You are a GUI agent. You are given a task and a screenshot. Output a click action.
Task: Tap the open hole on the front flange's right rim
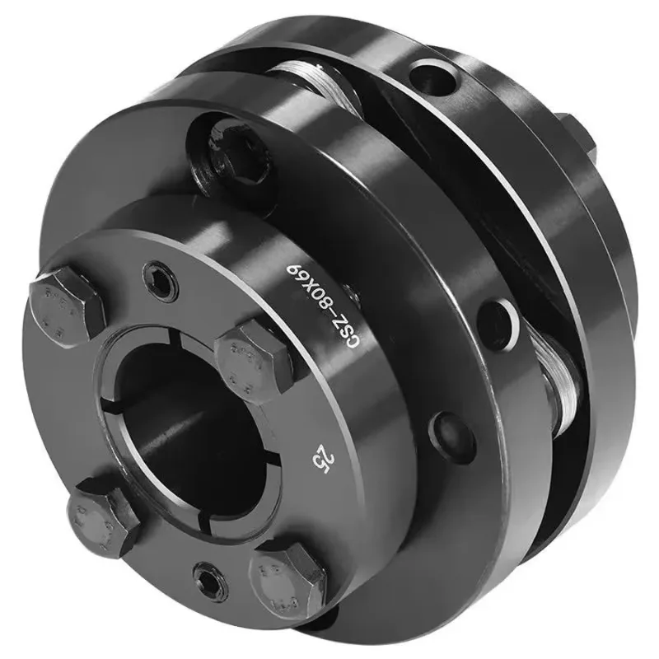point(497,315)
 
